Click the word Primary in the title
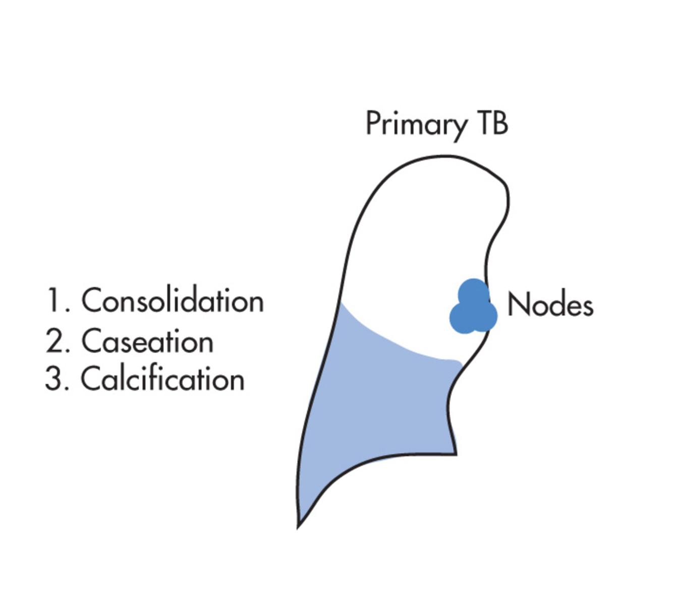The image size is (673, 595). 416,124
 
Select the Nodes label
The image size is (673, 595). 550,305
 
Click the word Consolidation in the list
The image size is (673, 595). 173,301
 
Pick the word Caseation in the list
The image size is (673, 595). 147,342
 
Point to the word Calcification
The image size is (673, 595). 162,379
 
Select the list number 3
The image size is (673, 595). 53,379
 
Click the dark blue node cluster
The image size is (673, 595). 473,308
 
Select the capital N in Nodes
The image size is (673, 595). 516,305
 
